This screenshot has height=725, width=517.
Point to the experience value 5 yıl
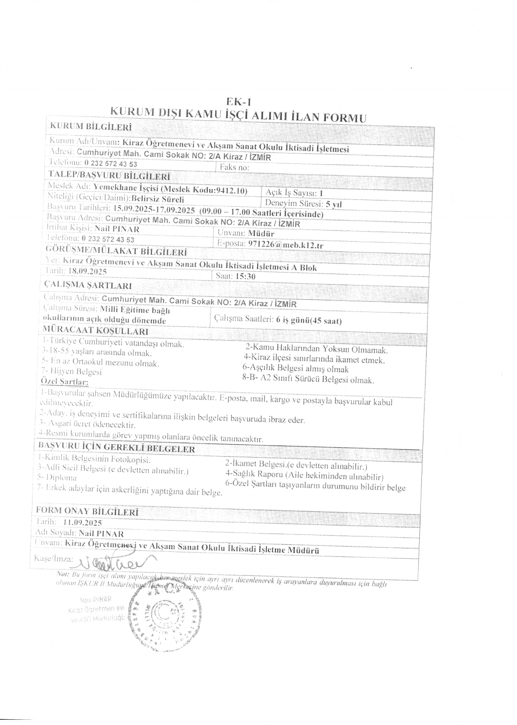pyautogui.click(x=333, y=204)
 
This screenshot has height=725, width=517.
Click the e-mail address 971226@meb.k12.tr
pyautogui.click(x=285, y=244)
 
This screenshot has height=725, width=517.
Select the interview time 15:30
pyautogui.click(x=245, y=276)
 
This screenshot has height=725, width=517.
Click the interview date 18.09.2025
pyautogui.click(x=86, y=271)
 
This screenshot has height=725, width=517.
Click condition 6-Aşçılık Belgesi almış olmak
pyautogui.click(x=295, y=369)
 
